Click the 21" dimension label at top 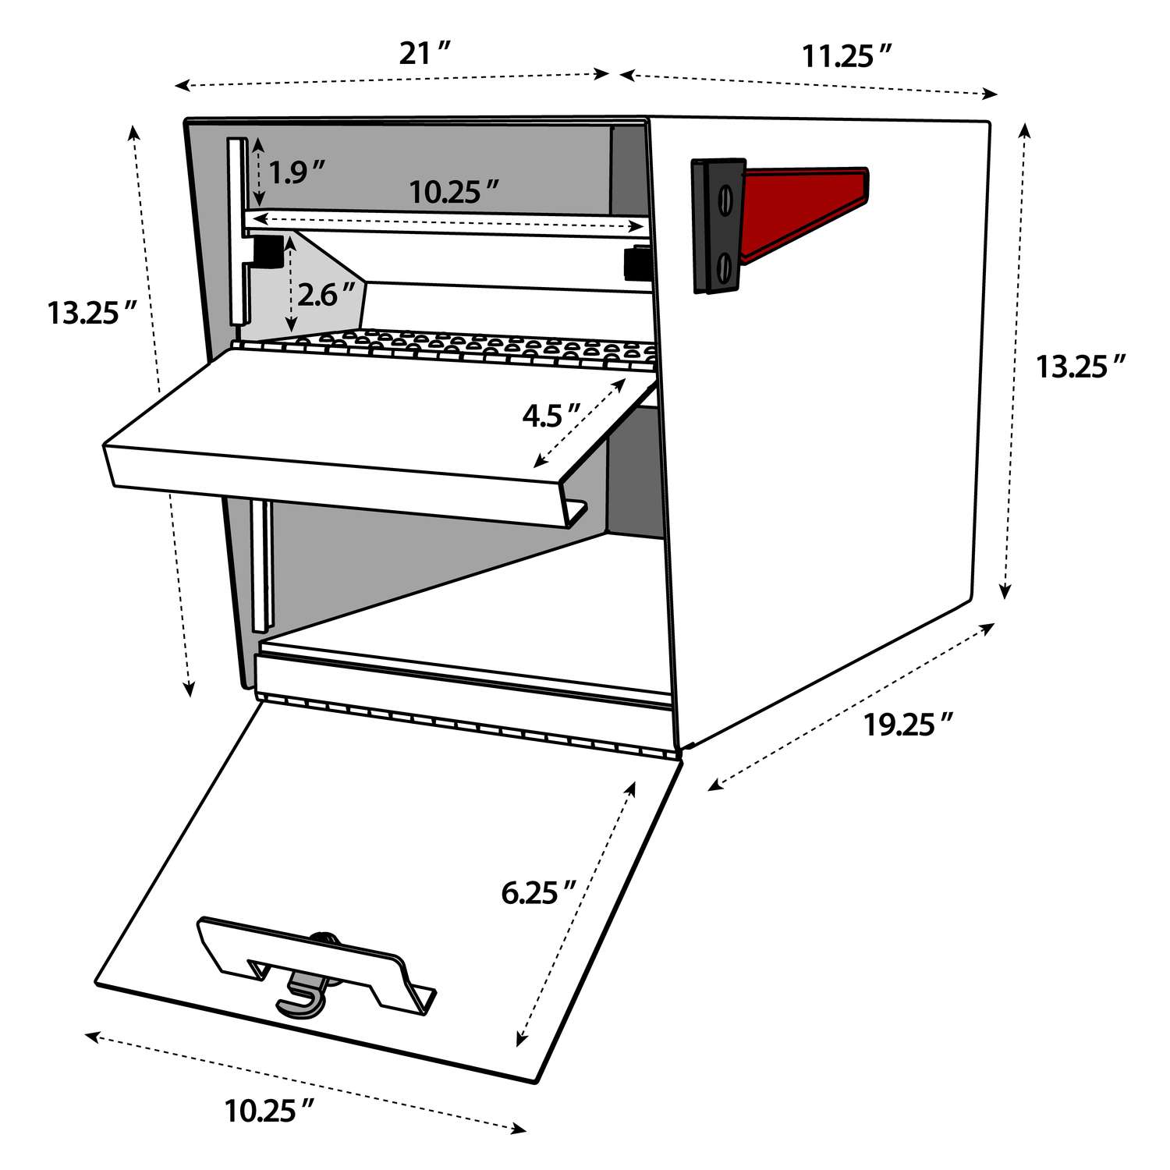[x=425, y=54]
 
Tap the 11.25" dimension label [x=847, y=56]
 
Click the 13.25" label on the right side [x=1081, y=366]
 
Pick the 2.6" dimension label [x=325, y=294]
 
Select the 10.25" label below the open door [x=270, y=1110]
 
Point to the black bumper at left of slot [x=267, y=250]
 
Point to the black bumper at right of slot [x=637, y=263]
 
